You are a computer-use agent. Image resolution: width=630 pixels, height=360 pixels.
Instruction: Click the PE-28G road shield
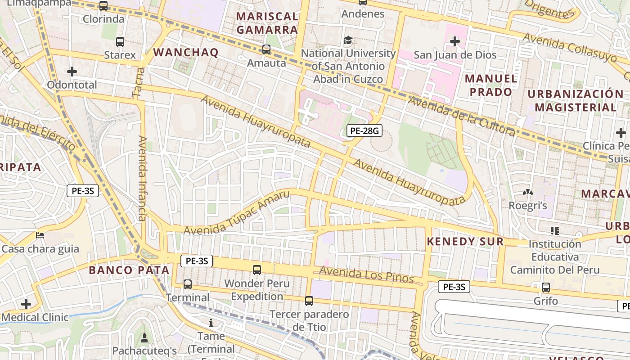coord(364,131)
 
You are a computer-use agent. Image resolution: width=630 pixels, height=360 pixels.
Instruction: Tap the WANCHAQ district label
coord(186,52)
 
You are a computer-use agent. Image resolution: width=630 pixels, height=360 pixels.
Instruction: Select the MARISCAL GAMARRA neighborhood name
coord(267,23)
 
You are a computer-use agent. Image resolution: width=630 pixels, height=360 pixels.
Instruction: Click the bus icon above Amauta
coord(266,49)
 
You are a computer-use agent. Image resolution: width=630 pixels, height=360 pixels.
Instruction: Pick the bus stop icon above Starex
coord(120,42)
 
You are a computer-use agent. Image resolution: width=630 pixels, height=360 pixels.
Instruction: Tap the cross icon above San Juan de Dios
coord(455,42)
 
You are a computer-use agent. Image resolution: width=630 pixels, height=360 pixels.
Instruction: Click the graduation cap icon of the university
coord(348,40)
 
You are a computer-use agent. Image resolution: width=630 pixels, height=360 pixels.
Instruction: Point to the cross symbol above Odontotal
coord(72,72)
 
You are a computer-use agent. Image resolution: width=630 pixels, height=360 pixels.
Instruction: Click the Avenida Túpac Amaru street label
coord(237,213)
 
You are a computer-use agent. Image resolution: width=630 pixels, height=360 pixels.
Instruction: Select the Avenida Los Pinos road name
coord(366,274)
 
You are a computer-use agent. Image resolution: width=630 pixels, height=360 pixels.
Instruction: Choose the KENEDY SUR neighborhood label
coord(465,241)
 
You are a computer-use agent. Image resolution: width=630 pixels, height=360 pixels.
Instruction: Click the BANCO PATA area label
coord(129,270)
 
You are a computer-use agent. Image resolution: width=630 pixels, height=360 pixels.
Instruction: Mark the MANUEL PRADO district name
coord(491,85)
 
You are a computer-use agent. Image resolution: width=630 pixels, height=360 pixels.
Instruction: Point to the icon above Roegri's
coord(527,193)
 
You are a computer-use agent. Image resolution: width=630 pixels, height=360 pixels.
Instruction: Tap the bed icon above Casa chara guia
coord(40,235)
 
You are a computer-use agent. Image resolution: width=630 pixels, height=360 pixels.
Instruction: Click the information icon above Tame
coord(211,323)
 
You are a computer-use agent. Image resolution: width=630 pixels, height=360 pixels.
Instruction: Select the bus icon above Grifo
coord(546,287)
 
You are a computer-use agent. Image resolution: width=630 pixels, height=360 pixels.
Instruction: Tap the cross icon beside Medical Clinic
coord(26,304)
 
